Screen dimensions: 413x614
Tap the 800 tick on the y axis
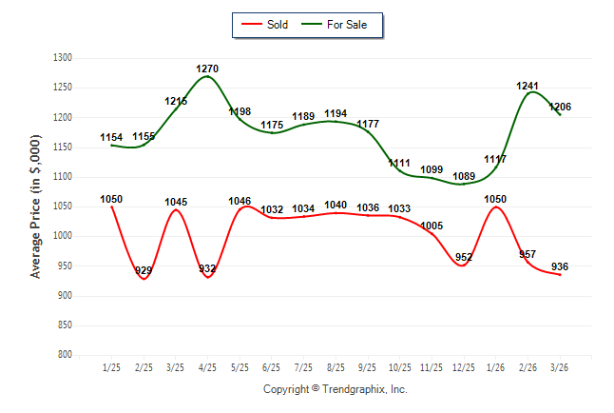coord(65,355)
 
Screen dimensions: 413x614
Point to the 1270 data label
coord(207,69)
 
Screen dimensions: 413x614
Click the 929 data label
coord(144,271)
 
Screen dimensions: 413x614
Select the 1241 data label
coord(528,86)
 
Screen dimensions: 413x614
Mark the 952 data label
coord(464,257)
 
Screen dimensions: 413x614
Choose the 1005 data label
coord(432,226)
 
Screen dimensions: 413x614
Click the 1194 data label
coord(336,114)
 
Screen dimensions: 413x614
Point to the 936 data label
coord(560,267)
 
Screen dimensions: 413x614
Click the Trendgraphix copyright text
coord(335,389)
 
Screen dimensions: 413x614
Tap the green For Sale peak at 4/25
coord(207,77)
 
